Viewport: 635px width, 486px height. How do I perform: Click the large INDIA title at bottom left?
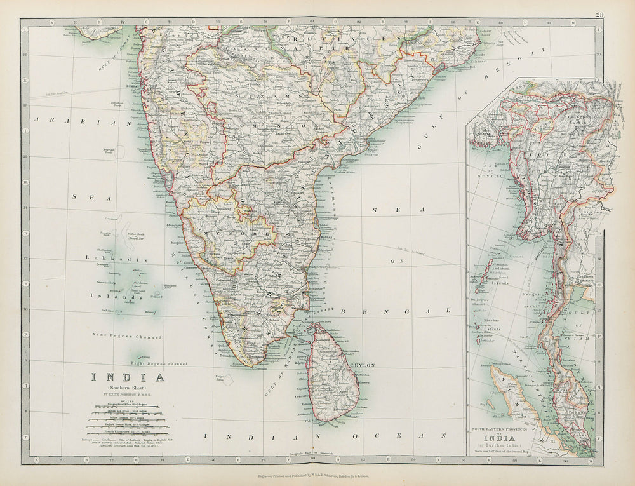click(x=129, y=377)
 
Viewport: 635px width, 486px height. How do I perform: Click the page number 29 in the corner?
click(x=600, y=15)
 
